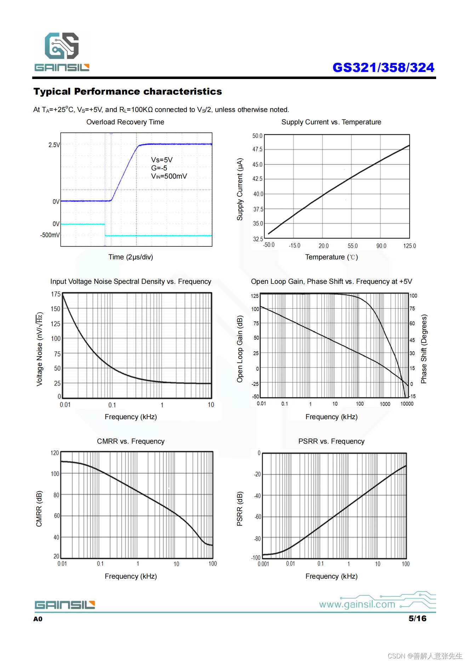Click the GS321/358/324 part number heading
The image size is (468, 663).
(383, 67)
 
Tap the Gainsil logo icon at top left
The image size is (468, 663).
(62, 46)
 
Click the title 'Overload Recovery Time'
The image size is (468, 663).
(125, 122)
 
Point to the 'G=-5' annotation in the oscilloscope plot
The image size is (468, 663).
(159, 168)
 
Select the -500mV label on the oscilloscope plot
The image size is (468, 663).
(50, 235)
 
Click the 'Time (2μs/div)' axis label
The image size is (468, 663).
(131, 257)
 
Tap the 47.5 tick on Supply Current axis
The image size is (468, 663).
(257, 149)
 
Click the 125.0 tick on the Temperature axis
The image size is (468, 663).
(409, 246)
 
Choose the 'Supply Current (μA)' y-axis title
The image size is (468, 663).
(240, 189)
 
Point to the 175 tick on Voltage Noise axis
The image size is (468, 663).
(56, 294)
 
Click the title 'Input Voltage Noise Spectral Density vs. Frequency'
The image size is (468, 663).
(131, 281)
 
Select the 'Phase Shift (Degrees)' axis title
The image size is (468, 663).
(424, 349)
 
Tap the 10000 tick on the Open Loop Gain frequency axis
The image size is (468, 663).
(407, 404)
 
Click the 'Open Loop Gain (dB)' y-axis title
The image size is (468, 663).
(240, 349)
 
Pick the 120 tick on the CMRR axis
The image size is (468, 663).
(55, 453)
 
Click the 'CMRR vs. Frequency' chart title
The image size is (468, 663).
(131, 441)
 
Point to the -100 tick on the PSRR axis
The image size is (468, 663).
(256, 557)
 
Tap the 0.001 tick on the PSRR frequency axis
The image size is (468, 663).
(263, 564)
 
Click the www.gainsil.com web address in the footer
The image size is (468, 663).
(357, 604)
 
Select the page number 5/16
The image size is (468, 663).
(417, 618)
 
